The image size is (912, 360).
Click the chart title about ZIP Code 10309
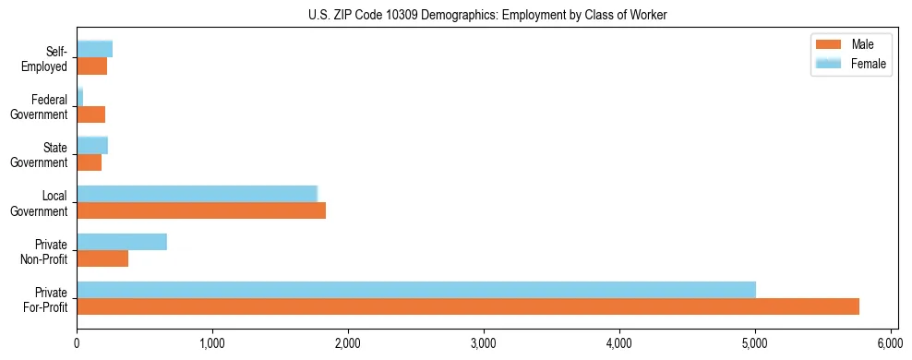point(486,16)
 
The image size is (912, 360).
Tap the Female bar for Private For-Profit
point(416,290)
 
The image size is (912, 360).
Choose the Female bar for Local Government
point(197,194)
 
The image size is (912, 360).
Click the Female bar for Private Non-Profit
point(122,242)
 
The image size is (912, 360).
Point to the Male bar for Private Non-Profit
point(102,258)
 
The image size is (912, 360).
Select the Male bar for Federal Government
point(90,114)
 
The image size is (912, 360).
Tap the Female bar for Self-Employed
point(94,49)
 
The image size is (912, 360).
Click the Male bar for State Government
point(89,162)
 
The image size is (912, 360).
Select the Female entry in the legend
point(849,63)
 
